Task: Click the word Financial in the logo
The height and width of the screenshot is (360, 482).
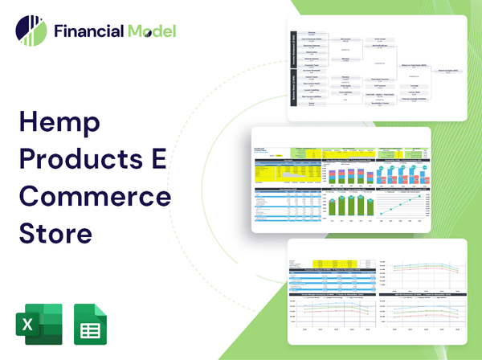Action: pyautogui.click(x=88, y=32)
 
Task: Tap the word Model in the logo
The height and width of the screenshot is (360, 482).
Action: pyautogui.click(x=150, y=32)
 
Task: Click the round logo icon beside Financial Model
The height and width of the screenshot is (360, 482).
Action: pyautogui.click(x=31, y=31)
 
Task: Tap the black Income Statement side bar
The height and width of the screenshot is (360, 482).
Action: pyautogui.click(x=292, y=51)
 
